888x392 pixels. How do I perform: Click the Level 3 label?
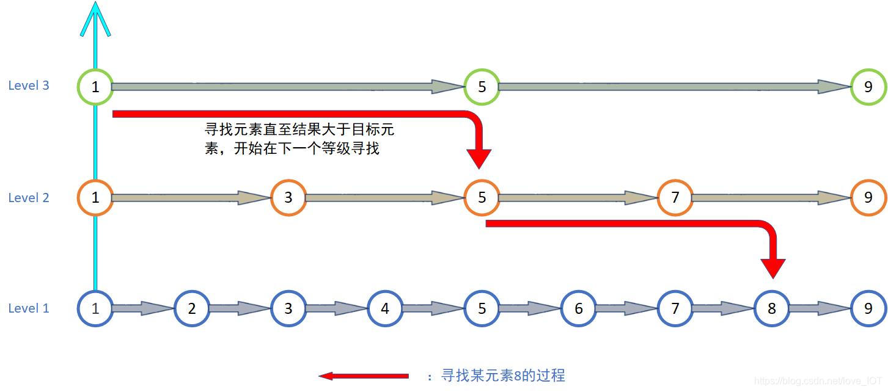coord(29,85)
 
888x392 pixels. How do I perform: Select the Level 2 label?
coord(29,198)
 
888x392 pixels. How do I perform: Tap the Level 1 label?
coord(29,308)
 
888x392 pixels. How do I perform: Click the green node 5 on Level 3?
coord(482,87)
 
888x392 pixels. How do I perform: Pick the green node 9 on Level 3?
coord(868,87)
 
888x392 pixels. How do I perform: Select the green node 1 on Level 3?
coord(95,87)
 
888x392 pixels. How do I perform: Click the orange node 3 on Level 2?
coord(288,198)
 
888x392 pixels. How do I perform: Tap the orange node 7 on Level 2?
coord(675,198)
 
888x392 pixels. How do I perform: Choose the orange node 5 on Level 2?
coord(482,198)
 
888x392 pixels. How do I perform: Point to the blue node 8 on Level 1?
coord(771,308)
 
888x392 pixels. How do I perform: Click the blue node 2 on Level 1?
coord(192,308)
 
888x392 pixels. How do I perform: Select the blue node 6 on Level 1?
coord(578,308)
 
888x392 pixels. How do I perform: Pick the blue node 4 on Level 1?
coord(385,308)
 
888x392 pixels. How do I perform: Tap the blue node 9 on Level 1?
coord(868,308)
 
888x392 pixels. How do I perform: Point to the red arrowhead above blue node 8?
coord(772,268)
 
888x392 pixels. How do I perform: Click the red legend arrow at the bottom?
coord(364,376)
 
